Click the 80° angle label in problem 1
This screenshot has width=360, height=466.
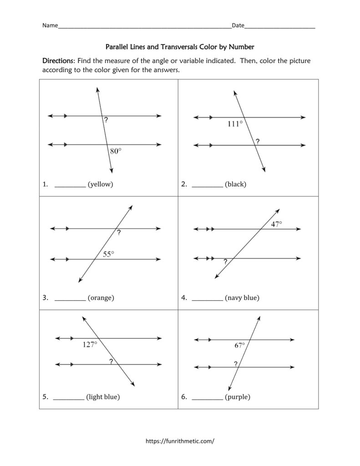click(x=116, y=152)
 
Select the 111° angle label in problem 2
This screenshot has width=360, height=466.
click(x=235, y=123)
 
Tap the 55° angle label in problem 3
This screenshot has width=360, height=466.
click(x=108, y=254)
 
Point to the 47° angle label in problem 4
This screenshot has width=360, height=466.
click(x=276, y=224)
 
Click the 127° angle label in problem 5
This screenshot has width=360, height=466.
click(x=90, y=344)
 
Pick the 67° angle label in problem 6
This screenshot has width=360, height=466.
click(x=240, y=345)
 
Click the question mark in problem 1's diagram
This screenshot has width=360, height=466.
click(x=106, y=121)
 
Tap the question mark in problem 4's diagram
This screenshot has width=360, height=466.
click(x=225, y=262)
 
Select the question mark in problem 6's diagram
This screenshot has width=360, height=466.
click(x=235, y=364)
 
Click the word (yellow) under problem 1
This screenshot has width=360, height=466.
click(x=100, y=184)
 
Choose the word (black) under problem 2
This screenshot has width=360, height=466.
click(x=235, y=184)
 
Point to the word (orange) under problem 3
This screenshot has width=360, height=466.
click(x=101, y=298)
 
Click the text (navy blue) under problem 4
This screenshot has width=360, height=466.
click(x=242, y=298)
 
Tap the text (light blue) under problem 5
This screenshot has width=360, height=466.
click(x=103, y=397)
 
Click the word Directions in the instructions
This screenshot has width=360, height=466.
click(x=58, y=61)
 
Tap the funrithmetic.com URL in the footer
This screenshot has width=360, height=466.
click(x=180, y=441)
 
